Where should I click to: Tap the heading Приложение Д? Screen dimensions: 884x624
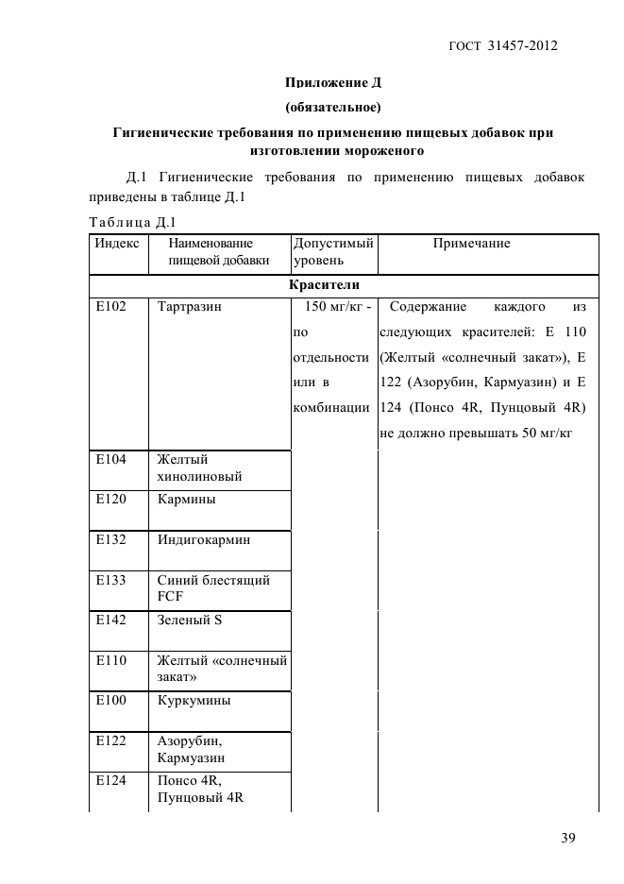click(332, 82)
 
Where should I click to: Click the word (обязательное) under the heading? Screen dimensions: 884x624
click(332, 107)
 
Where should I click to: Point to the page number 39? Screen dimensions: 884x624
click(565, 838)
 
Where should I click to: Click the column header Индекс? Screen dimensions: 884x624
click(117, 244)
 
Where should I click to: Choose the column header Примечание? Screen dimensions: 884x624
click(471, 244)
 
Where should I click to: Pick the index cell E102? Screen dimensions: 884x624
click(110, 307)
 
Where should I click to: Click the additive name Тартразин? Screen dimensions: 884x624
click(189, 307)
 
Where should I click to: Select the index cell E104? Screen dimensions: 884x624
click(110, 459)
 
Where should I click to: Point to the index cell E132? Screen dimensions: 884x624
click(110, 539)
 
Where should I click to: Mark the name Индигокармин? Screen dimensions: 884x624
click(204, 539)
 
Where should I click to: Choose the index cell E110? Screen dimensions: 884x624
click(110, 660)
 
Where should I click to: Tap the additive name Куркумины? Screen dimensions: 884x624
click(194, 701)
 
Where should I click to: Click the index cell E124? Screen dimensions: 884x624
click(110, 780)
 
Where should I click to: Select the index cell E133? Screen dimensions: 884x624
click(110, 580)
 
